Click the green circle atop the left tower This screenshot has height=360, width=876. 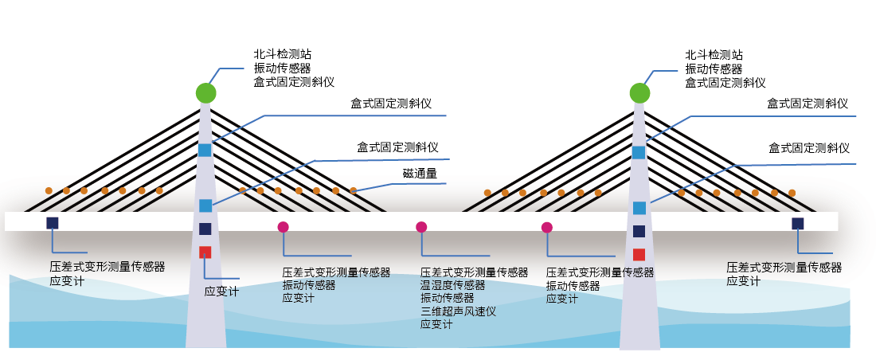(206, 92)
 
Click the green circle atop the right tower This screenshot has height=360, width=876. (639, 92)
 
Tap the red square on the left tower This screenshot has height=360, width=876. (205, 252)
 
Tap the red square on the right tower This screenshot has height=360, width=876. (639, 255)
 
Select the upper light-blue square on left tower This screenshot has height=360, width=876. (205, 150)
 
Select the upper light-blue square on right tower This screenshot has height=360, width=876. (639, 152)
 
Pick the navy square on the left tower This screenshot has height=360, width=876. (205, 229)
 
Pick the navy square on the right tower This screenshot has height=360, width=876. (639, 231)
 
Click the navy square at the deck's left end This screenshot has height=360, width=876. (53, 223)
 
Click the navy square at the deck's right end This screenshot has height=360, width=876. (797, 224)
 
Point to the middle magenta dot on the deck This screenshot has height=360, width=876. (421, 227)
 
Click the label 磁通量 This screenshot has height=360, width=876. (419, 174)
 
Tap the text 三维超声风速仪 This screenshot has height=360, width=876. (458, 311)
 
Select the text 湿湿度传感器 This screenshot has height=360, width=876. (452, 285)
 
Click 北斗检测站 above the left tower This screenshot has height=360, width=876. (282, 55)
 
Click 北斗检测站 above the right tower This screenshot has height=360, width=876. (714, 55)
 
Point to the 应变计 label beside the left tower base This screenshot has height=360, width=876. (221, 292)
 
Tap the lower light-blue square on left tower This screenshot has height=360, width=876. (205, 205)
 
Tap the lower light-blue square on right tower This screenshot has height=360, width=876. (639, 208)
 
